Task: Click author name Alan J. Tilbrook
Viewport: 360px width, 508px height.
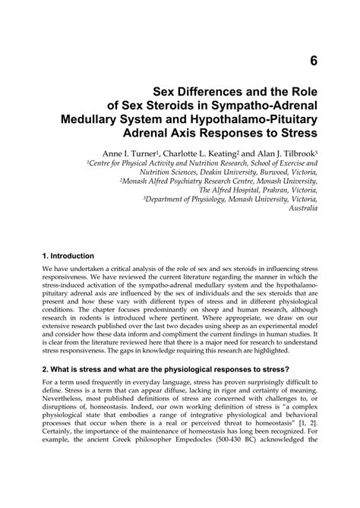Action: (289, 151)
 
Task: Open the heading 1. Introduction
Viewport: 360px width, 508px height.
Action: (69, 256)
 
